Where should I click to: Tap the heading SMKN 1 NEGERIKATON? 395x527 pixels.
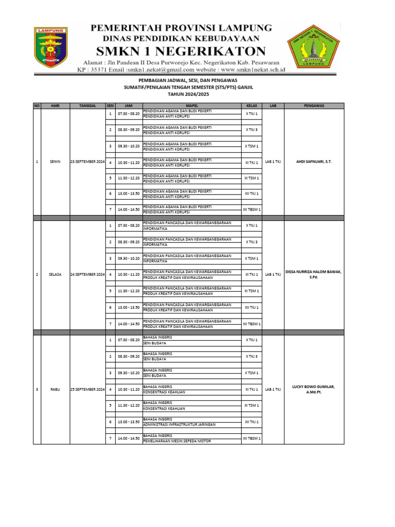click(x=181, y=51)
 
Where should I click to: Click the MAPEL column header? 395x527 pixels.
click(x=191, y=106)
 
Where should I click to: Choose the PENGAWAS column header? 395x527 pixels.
click(x=313, y=106)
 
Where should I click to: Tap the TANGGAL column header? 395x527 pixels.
click(x=87, y=106)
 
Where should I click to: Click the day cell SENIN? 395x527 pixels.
click(x=56, y=162)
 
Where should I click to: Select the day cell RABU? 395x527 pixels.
click(x=56, y=389)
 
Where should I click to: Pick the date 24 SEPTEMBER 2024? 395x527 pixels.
click(x=87, y=275)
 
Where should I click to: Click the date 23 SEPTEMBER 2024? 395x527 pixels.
click(x=87, y=162)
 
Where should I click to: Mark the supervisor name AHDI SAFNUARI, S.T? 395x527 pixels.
click(x=313, y=162)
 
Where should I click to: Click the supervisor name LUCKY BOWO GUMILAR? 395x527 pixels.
click(x=313, y=386)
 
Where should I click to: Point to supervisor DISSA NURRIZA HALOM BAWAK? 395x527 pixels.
click(x=313, y=272)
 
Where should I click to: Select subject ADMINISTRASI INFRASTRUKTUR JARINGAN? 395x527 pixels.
click(x=179, y=425)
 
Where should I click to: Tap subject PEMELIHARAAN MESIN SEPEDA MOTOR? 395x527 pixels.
click(x=177, y=441)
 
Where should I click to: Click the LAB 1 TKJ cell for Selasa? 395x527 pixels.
click(x=273, y=275)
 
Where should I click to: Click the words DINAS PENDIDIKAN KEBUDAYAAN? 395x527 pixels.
click(x=181, y=39)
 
